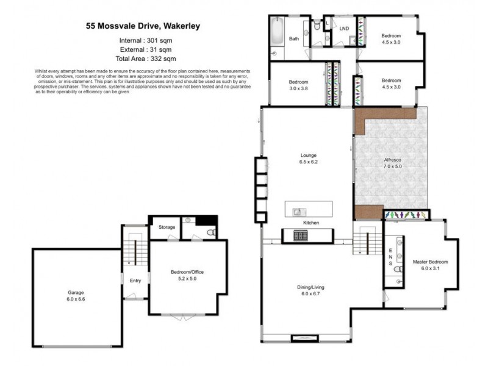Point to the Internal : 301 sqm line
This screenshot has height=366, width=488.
pyautogui.click(x=148, y=40)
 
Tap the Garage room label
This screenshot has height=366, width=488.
pyautogui.click(x=76, y=296)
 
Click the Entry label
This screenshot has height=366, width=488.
pyautogui.click(x=135, y=280)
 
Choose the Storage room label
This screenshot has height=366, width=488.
pyautogui.click(x=167, y=227)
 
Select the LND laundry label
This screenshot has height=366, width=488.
pyautogui.click(x=344, y=28)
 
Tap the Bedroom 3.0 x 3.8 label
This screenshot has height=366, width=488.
pyautogui.click(x=298, y=85)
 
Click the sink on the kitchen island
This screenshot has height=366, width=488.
pyautogui.click(x=297, y=212)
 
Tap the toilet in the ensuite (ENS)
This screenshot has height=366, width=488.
pyautogui.click(x=396, y=268)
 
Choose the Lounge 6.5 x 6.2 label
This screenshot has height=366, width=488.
pyautogui.click(x=307, y=159)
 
